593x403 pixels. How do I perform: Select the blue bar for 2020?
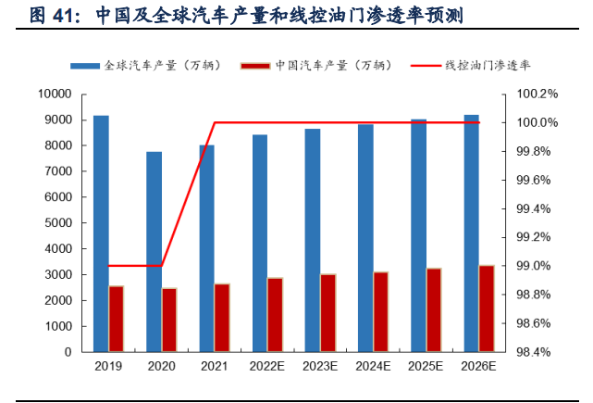[154, 251]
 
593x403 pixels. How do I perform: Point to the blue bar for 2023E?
[313, 240]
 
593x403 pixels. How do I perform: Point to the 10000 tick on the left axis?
[55, 94]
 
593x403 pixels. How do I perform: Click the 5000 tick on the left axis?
[57, 223]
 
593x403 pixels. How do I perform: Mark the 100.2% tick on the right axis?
[537, 94]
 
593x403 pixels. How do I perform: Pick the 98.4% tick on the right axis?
[537, 352]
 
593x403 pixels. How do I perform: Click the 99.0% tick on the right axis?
[537, 266]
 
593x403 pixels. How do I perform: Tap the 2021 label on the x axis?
[214, 367]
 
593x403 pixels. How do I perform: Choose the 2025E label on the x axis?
[426, 367]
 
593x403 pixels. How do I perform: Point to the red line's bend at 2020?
[162, 266]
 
